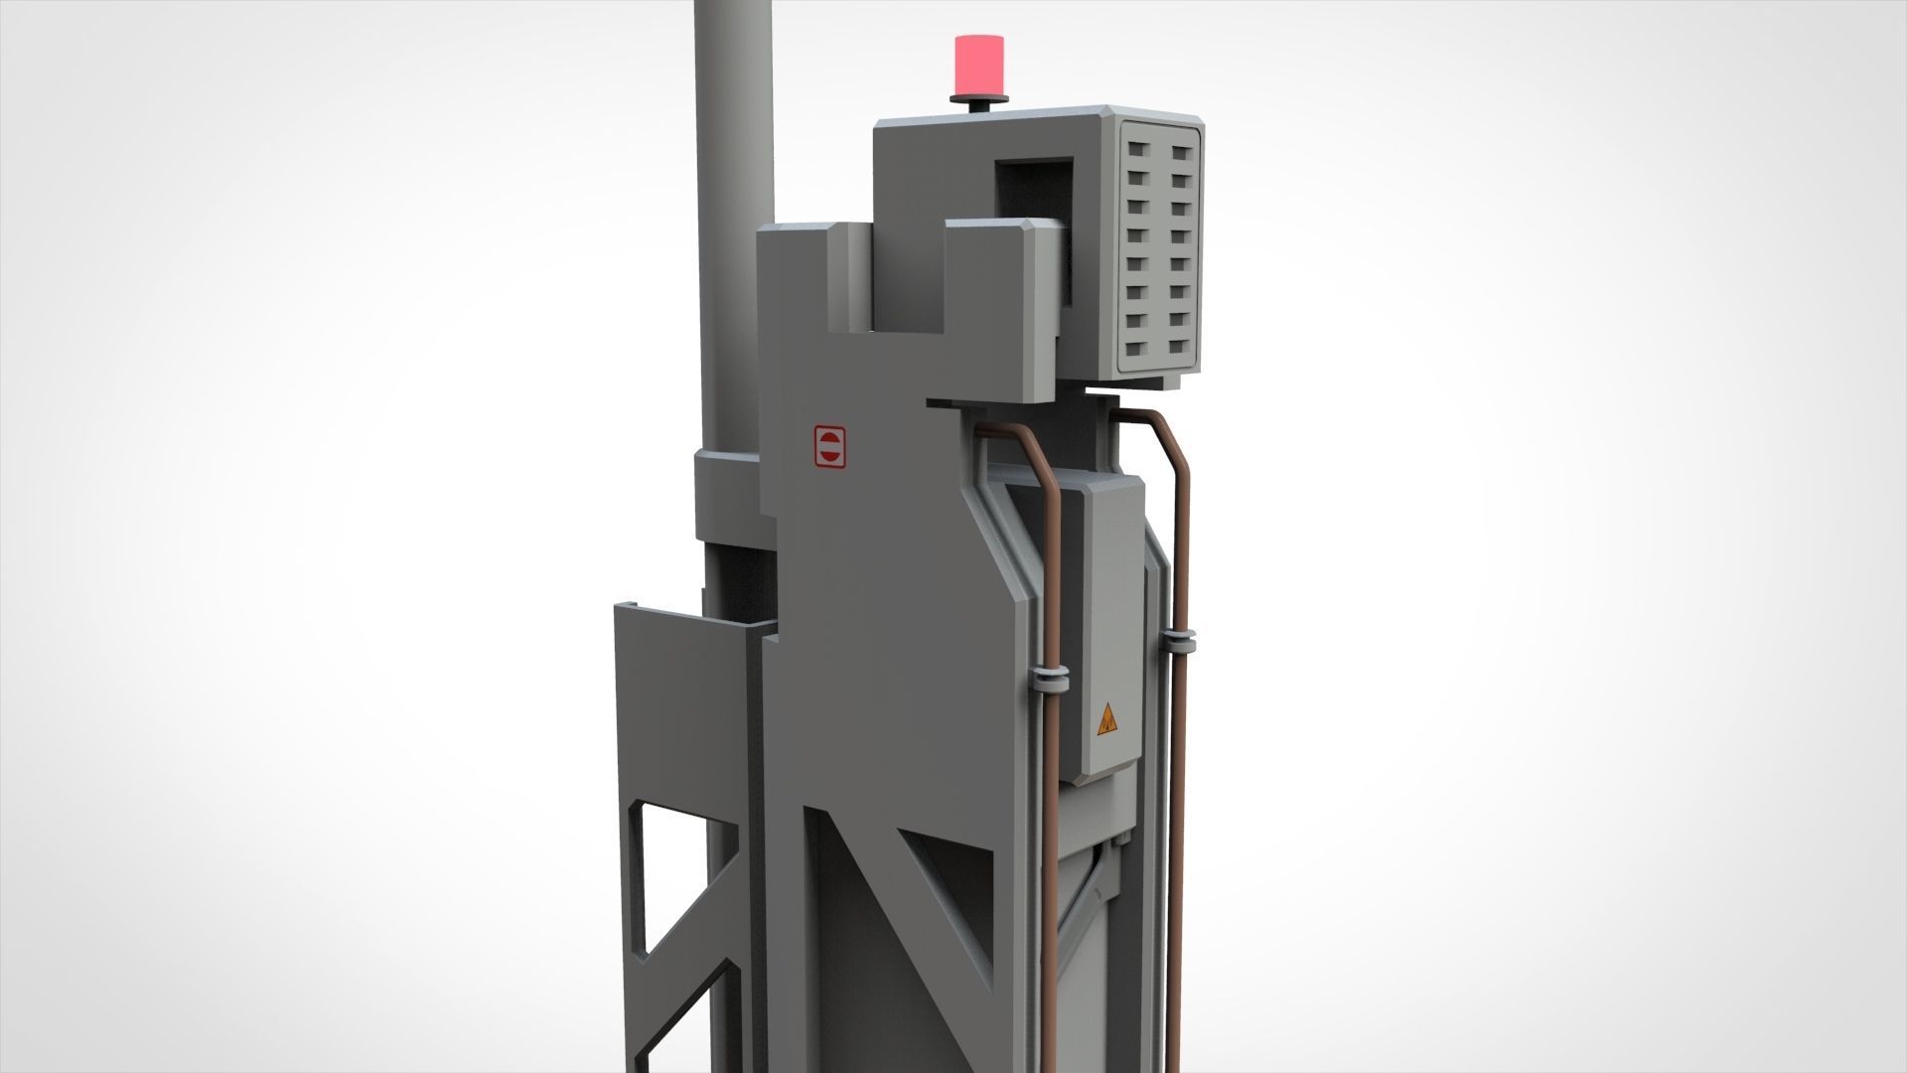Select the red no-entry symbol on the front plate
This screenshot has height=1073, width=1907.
[829, 447]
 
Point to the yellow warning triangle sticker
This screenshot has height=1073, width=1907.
[1107, 720]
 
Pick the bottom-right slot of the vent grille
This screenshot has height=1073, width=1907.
[1178, 348]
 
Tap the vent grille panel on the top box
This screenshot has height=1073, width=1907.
[1158, 248]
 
